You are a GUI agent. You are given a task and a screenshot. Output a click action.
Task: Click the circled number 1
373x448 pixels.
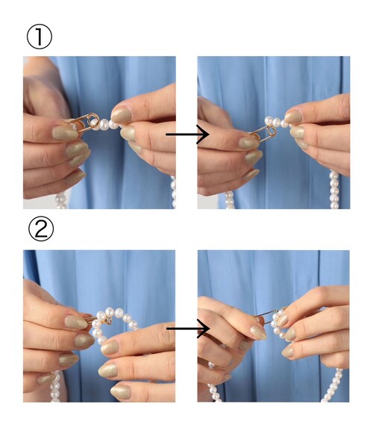coord(40,37)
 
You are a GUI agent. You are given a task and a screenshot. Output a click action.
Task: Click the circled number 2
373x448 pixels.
coord(41,228)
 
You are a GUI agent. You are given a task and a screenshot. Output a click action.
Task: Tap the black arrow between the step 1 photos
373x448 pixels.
coord(187,134)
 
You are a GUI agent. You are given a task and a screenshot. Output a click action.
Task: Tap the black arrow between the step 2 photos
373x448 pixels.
coord(188,329)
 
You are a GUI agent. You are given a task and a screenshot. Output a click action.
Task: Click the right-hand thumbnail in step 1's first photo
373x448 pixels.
coord(121,114)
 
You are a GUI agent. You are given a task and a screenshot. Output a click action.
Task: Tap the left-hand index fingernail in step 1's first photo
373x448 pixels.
coord(65,134)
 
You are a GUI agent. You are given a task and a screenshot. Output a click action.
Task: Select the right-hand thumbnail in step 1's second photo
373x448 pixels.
coord(293,116)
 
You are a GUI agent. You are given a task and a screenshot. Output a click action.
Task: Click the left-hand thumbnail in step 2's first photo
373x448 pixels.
coord(75,322)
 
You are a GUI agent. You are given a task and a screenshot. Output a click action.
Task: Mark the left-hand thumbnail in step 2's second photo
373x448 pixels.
coord(259,332)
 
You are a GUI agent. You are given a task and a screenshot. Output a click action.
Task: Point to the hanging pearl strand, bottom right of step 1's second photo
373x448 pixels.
coord(334,190)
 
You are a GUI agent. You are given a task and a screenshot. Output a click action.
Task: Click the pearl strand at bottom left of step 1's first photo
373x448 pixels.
coord(60,201)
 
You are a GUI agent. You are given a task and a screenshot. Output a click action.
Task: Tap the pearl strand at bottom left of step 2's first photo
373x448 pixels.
coord(55,386)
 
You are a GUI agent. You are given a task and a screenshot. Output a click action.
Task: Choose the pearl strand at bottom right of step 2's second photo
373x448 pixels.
coord(332,385)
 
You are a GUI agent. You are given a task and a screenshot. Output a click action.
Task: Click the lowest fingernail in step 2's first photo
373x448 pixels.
coord(120,392)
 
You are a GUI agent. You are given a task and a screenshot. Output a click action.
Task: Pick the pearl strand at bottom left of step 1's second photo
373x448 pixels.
coord(230,200)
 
